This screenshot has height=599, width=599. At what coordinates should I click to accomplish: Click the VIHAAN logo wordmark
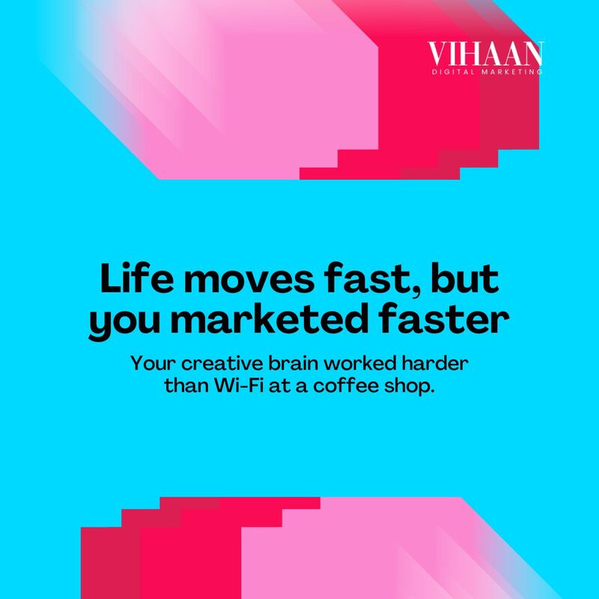pos(485,54)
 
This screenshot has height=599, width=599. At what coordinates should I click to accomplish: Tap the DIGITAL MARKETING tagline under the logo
pos(487,72)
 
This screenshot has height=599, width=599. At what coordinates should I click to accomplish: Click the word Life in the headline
pos(137,278)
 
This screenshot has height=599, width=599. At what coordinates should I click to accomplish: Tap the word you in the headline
pos(124,323)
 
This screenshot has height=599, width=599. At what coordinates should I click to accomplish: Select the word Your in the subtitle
pos(153,363)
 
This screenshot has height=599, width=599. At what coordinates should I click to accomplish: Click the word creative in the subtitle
pos(222,363)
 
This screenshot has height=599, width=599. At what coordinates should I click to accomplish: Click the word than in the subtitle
pos(186,386)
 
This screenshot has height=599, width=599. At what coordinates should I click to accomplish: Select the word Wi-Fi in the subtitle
pos(239,386)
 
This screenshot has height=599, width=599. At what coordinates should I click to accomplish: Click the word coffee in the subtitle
pos(346,386)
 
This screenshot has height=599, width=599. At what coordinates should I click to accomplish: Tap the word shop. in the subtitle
pos(410,386)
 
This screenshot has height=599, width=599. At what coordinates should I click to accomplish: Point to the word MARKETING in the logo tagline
pos(512,72)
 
